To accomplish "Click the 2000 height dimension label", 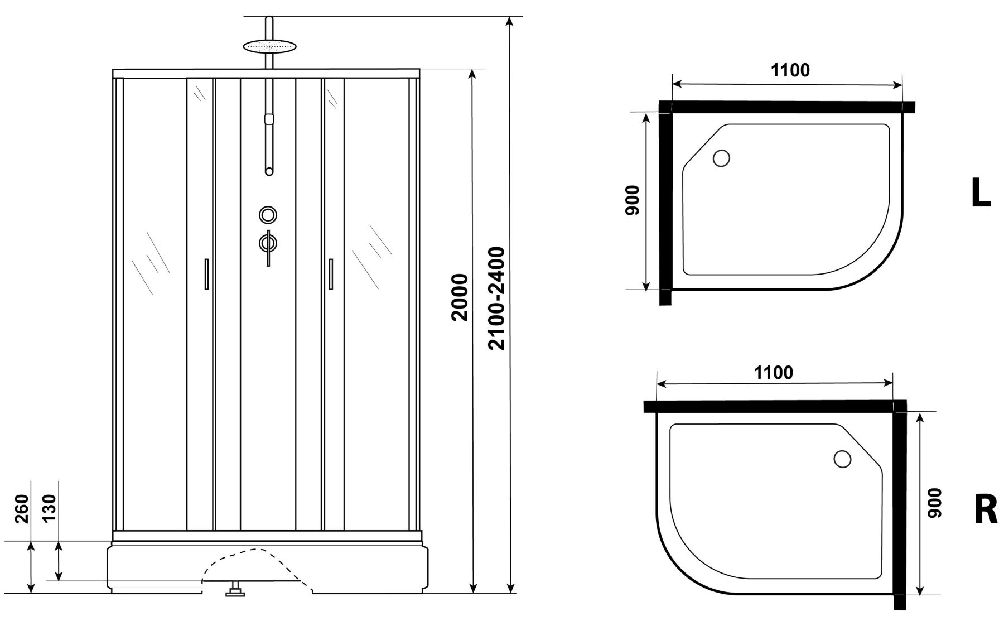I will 460,297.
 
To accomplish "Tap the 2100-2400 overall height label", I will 496,299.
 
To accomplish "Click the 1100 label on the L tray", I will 790,71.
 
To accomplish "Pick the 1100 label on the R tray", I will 774,373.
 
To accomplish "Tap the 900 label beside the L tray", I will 632,200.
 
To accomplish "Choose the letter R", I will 985,510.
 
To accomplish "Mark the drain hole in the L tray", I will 721,158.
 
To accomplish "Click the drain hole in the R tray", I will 842,459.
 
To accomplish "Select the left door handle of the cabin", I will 206,274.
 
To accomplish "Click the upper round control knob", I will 268,214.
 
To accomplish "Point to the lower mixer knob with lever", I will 268,243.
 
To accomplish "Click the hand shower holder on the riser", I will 269,119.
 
